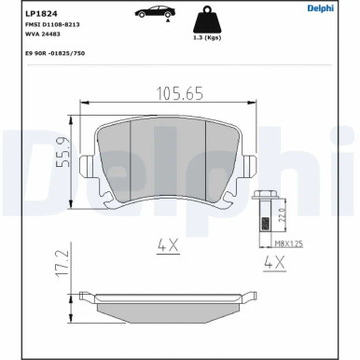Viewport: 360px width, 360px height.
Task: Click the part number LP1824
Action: coord(36,14)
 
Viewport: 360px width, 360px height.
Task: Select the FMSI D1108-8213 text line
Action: coord(52,25)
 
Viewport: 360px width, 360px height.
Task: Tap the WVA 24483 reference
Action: coord(43,35)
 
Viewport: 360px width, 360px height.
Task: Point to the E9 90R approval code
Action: coord(55,53)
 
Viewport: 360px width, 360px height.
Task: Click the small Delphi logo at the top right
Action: coord(321,8)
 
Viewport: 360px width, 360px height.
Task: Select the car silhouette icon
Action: coord(155,13)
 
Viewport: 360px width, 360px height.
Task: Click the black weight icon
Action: coord(207,20)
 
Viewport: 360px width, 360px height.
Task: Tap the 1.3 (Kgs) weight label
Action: coord(207,37)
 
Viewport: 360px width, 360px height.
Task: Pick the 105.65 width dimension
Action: coord(180,93)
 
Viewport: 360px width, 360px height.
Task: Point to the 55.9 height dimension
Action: coord(64,152)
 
